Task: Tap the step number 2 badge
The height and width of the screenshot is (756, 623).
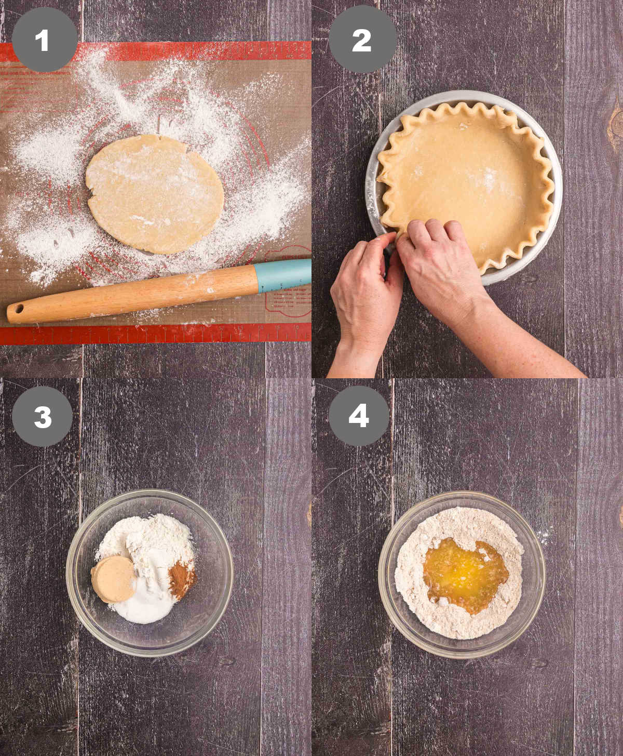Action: pos(362,39)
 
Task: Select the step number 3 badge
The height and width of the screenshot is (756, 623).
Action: pos(43,416)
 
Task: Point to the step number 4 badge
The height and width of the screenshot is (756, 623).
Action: pos(359,416)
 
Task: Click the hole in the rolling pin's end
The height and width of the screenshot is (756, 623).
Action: pos(19,310)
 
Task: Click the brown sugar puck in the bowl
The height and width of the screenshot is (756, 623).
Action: pos(113,579)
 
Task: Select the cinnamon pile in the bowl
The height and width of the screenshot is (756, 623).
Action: pos(181,578)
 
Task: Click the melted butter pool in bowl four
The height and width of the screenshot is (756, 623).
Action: pos(465,574)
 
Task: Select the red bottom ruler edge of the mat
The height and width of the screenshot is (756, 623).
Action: pos(156,334)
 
